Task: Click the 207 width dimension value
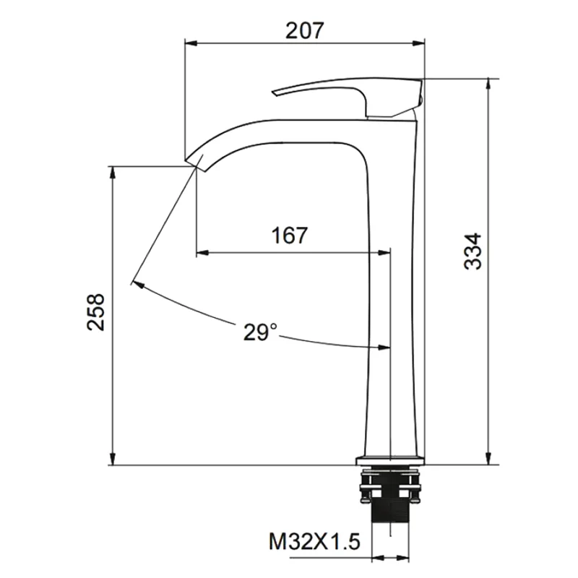(303, 30)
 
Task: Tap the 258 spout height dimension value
(96, 312)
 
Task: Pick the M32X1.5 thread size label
(314, 541)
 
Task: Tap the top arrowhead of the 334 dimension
(491, 82)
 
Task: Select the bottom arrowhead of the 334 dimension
(491, 460)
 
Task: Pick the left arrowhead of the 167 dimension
(203, 253)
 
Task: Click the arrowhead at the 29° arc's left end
(136, 284)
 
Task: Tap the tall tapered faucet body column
(394, 289)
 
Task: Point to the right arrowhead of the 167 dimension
(384, 253)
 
